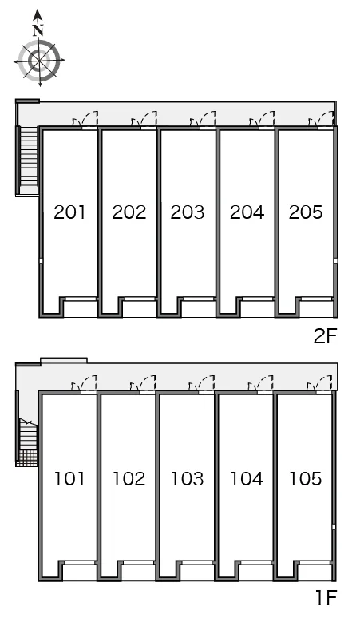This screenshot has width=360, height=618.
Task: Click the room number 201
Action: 69,212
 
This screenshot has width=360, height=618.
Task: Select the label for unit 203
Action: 188,212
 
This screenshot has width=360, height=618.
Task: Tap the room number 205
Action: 306,212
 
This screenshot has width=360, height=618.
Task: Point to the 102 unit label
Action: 129,478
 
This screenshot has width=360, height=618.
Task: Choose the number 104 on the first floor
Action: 247,478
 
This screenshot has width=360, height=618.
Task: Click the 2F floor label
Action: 326,336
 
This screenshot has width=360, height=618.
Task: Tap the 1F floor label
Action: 326,598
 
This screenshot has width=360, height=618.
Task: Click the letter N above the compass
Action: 38,30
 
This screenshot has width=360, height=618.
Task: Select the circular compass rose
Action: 39,61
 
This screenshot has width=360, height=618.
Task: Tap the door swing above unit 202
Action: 144,119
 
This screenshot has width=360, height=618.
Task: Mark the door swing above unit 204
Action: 262,119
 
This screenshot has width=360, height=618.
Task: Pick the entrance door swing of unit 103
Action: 201,383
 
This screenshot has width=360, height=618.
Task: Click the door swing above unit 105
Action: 319,383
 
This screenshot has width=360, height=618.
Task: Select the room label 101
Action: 69,478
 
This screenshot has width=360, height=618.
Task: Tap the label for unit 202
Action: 129,212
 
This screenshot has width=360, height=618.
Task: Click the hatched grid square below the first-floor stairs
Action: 27,458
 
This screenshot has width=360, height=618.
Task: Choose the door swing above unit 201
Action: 85,119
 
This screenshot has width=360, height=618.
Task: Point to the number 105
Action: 306,478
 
